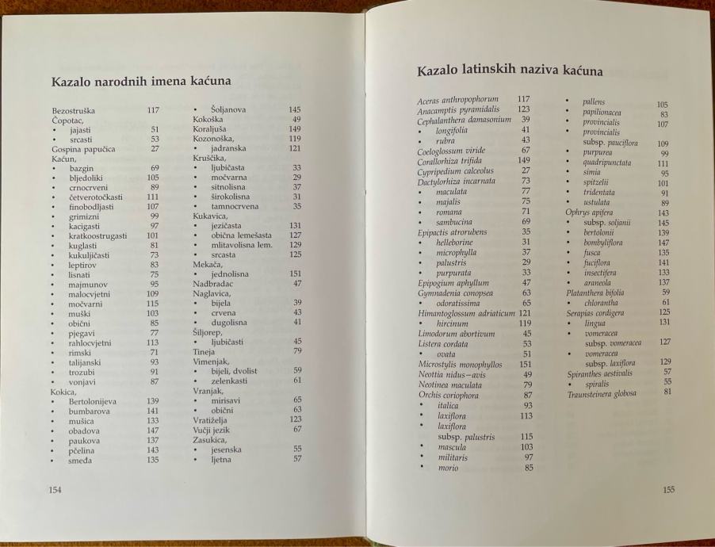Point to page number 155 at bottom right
pyautogui.click(x=668, y=490)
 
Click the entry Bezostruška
pyautogui.click(x=75, y=110)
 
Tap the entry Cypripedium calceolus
pyautogui.click(x=455, y=170)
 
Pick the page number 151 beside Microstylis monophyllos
pyautogui.click(x=524, y=364)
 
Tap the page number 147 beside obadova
pyautogui.click(x=154, y=430)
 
